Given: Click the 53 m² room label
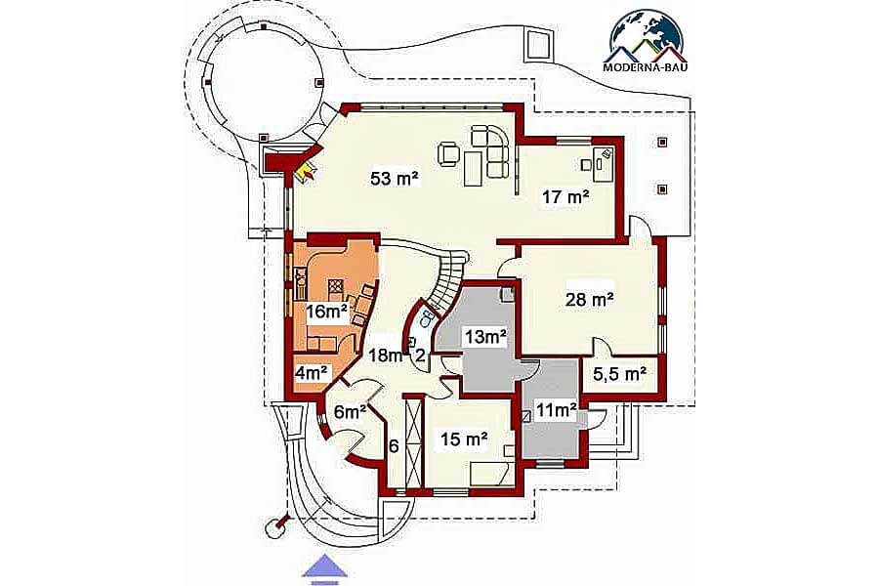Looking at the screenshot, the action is (395, 179).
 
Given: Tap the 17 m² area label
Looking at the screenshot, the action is (565, 197).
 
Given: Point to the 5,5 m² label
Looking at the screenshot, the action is (619, 374).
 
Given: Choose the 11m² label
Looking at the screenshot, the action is (556, 410).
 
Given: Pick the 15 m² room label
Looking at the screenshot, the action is (463, 439).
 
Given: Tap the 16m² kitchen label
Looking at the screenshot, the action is (326, 312).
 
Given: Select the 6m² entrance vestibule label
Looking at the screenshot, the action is (351, 411).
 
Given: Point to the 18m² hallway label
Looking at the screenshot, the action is (386, 355).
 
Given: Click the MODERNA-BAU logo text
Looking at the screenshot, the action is (646, 67).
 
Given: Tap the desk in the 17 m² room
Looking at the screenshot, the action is (604, 163).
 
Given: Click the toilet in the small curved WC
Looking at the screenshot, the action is (426, 320).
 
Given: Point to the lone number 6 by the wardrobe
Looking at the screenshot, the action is (394, 446).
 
